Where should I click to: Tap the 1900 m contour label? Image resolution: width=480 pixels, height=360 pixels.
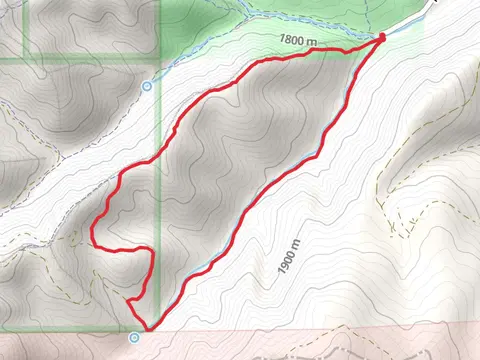(289, 256)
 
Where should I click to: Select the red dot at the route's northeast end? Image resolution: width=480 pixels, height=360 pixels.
(382, 38)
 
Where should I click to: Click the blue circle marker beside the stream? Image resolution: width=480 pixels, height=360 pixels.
(147, 86)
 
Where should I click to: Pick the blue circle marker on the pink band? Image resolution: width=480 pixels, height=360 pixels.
(135, 338)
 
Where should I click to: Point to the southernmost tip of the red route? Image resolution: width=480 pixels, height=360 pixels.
(147, 328)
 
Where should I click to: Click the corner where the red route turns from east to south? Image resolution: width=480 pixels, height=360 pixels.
(153, 250)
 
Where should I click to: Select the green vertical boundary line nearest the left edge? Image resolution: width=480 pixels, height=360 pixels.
(25, 30)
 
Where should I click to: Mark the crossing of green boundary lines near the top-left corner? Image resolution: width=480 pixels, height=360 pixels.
(25, 59)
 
